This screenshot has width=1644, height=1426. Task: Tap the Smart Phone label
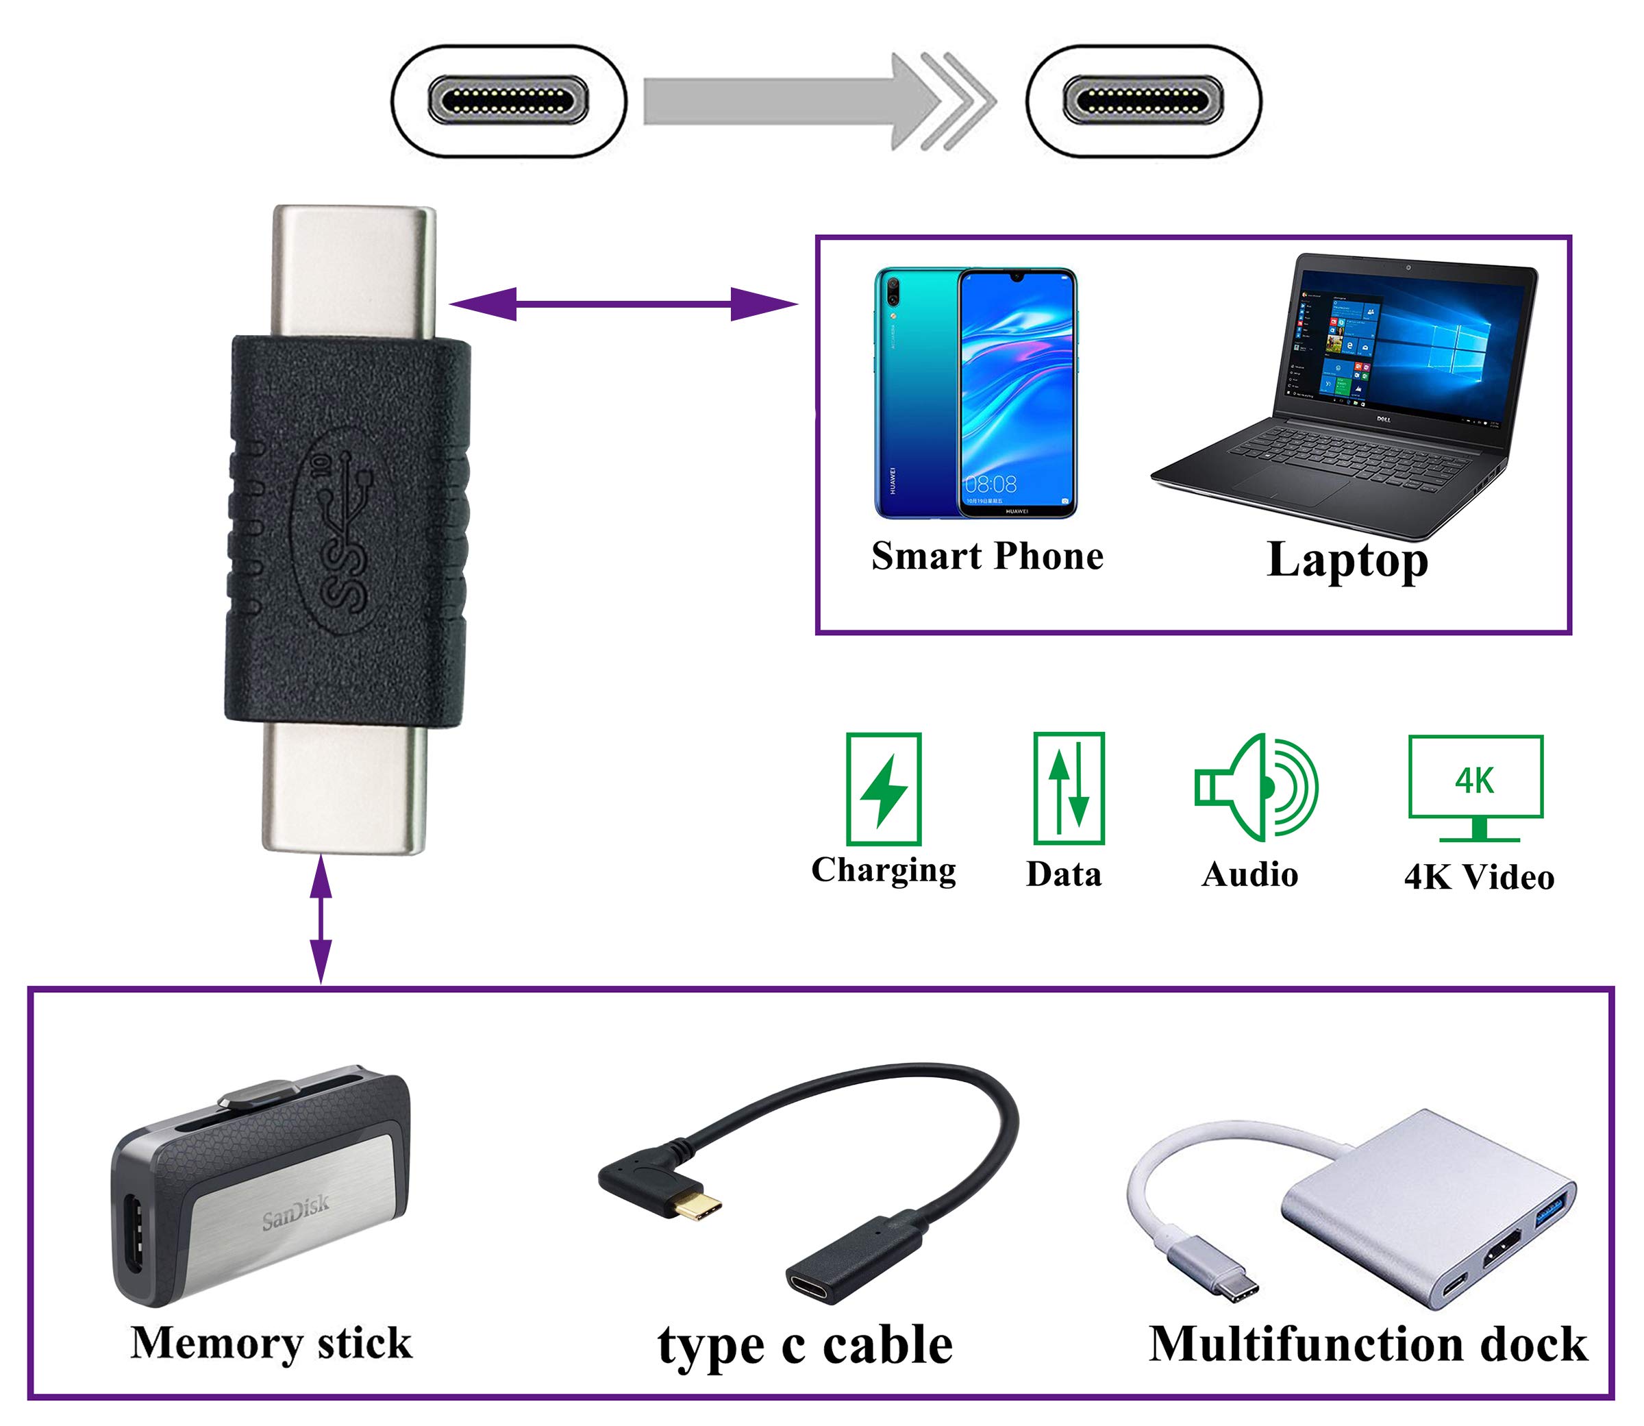point(987,556)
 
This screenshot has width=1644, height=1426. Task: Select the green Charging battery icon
point(884,789)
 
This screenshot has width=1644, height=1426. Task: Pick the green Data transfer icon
point(1068,788)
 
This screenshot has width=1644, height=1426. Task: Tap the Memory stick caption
point(271,1344)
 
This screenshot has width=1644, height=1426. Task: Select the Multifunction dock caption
point(1367,1345)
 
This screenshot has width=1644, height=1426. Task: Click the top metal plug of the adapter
point(354,271)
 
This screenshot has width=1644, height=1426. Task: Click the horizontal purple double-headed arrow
point(623,304)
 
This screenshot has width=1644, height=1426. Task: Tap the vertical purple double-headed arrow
point(321,918)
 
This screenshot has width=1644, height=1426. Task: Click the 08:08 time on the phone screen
point(991,484)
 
